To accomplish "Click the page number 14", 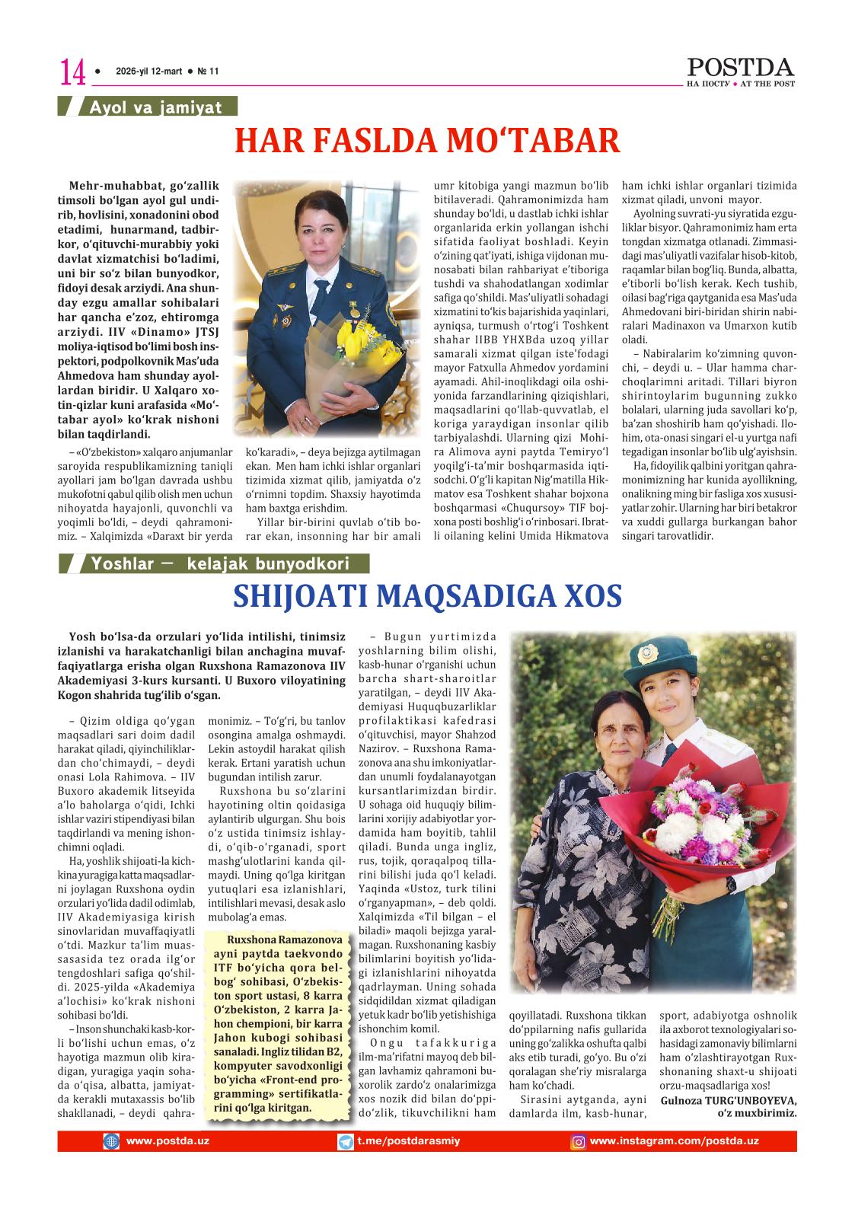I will coord(72,72).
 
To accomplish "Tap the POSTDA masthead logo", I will coord(740,68).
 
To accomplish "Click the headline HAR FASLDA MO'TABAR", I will coord(427,141).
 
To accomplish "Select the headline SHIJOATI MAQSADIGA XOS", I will coord(427,595).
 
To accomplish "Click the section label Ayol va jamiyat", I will coord(155,107).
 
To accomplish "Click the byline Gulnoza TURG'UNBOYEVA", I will coord(730,1100).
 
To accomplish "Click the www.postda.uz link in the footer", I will coord(167,1140).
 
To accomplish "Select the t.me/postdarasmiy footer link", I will coord(409,1140).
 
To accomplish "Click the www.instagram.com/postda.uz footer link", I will coord(674,1140).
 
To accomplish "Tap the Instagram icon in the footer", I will coord(579,1141).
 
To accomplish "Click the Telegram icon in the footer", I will coord(345,1141).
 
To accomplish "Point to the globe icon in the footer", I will coord(112,1141).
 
